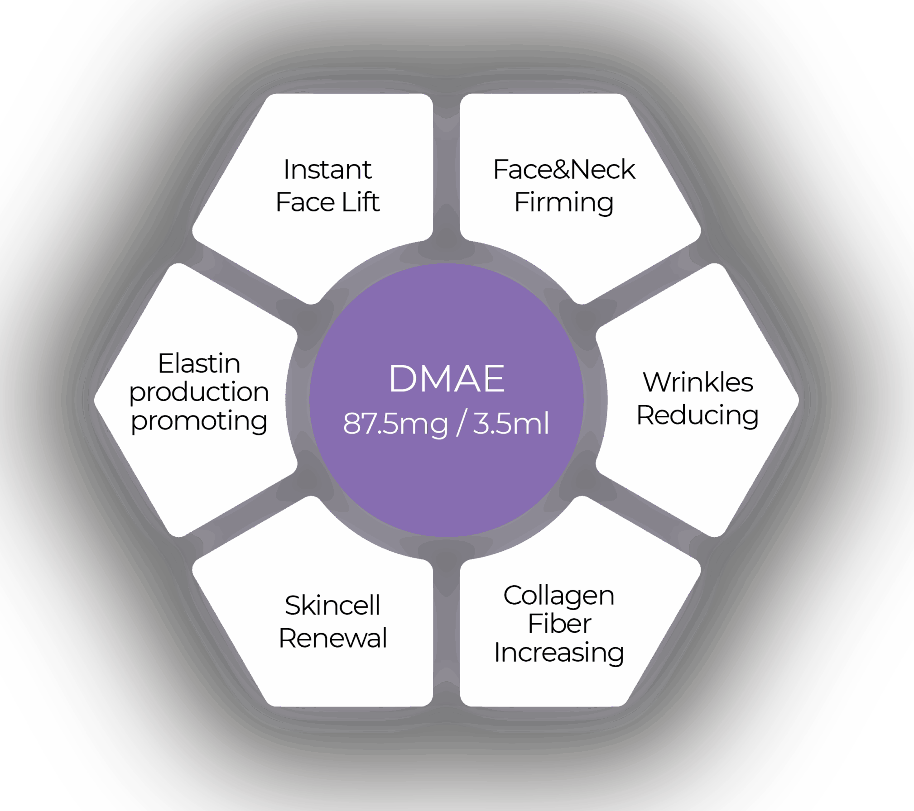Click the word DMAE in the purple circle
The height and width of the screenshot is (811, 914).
click(447, 379)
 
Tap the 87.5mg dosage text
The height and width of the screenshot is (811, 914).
click(395, 424)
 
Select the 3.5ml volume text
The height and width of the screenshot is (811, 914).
click(511, 424)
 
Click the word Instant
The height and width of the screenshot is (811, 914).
click(327, 170)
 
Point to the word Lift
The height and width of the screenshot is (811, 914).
click(361, 202)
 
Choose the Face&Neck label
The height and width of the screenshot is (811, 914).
click(564, 170)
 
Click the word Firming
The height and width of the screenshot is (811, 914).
click(564, 203)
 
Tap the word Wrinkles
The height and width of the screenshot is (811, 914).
click(698, 382)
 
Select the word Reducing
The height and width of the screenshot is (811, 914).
click(698, 415)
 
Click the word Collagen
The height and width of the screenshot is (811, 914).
click(559, 596)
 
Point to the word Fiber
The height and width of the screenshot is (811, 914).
click(559, 624)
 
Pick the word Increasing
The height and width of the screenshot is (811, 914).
click(559, 653)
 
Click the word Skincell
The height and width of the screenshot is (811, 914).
click(332, 606)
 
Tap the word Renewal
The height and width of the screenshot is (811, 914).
click(332, 638)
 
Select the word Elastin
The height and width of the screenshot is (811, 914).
click(199, 363)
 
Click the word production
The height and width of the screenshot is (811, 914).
click(199, 392)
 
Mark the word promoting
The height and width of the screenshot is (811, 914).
click(199, 421)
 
